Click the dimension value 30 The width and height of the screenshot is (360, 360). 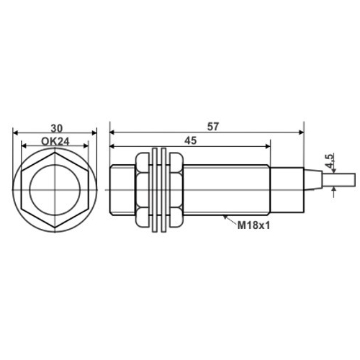click(x=56, y=128)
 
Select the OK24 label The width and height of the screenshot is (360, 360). click(x=55, y=142)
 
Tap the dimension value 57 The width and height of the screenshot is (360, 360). click(x=213, y=127)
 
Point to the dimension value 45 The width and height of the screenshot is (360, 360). click(x=191, y=140)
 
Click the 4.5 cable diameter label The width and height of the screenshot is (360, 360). click(x=330, y=161)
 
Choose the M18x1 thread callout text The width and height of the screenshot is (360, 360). click(x=253, y=225)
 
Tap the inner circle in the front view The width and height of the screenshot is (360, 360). click(x=55, y=190)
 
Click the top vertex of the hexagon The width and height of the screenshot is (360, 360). click(x=55, y=152)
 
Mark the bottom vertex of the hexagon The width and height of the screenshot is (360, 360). click(x=55, y=228)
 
